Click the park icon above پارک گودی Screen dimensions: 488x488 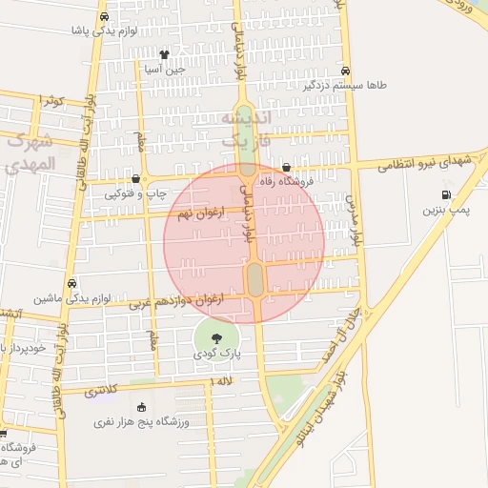pyautogui.click(x=216, y=337)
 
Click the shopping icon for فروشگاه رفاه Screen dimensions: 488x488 pyautogui.click(x=286, y=168)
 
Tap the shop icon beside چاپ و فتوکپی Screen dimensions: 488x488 pyautogui.click(x=135, y=178)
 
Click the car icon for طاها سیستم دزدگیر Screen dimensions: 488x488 pyautogui.click(x=345, y=71)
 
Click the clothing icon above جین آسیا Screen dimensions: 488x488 pyautogui.click(x=164, y=54)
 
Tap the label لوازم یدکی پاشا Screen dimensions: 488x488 pyautogui.click(x=104, y=30)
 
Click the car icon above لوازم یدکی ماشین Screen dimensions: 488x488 pyautogui.click(x=73, y=284)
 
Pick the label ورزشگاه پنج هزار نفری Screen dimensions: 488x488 pyautogui.click(x=142, y=420)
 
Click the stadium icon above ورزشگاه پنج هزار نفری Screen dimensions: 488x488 pyautogui.click(x=142, y=407)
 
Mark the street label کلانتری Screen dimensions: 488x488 pyautogui.click(x=100, y=391)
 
